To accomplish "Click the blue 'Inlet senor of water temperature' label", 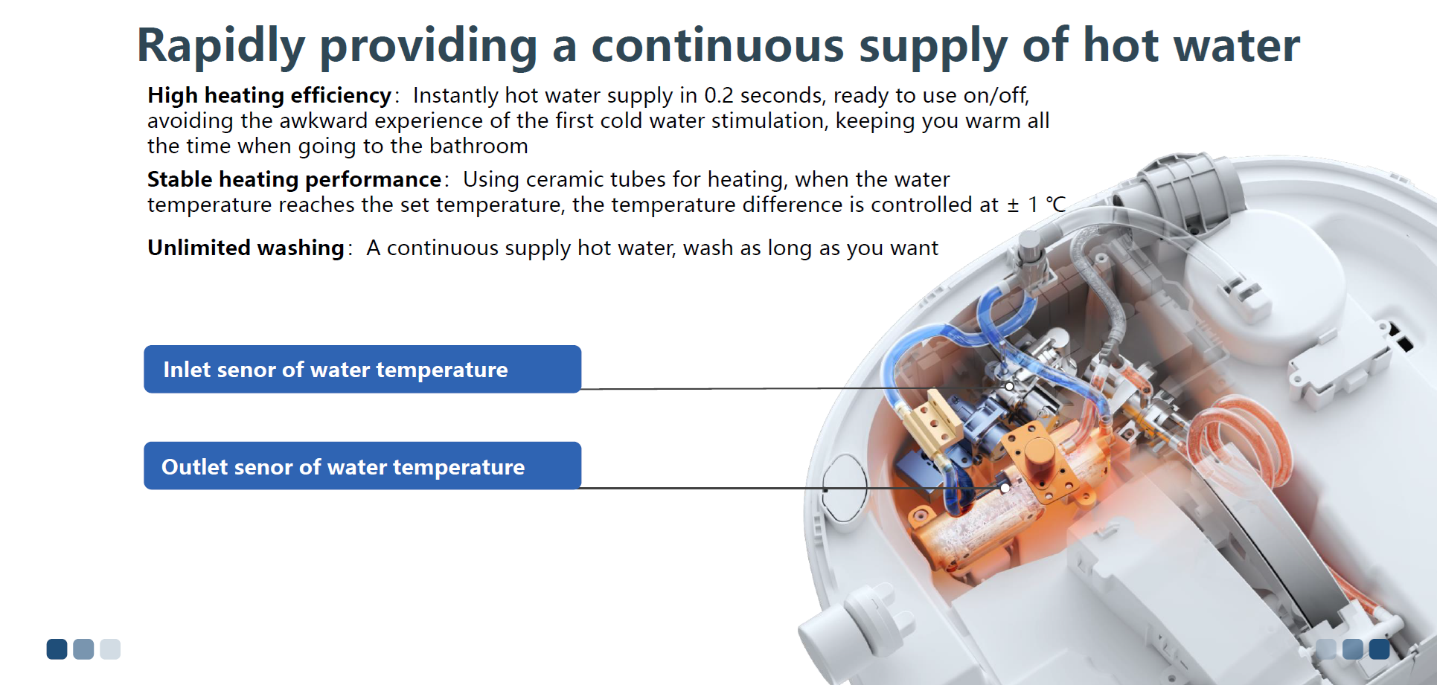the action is point(362,369).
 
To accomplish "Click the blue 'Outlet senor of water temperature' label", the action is point(362,466).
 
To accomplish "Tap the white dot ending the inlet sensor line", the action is point(1009,386).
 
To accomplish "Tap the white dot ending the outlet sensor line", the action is point(1005,488).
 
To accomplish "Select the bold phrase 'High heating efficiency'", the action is point(269,96).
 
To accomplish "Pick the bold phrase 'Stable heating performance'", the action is point(295,180).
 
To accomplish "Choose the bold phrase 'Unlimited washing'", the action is point(246,248).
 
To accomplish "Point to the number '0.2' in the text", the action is point(719,96).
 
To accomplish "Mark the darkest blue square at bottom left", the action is point(57,649).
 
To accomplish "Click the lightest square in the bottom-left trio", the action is point(110,649).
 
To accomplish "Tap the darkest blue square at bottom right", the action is point(1379,649).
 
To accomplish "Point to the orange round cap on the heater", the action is point(1040,454).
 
